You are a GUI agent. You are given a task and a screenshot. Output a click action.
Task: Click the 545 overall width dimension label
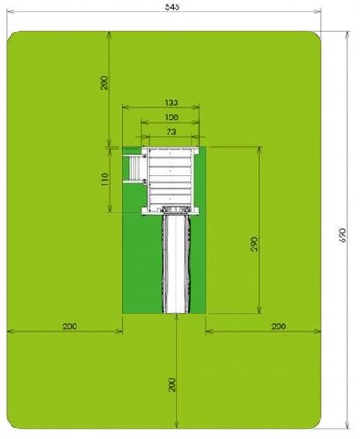coord(172,6)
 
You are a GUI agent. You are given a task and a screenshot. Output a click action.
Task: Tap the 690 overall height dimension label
coord(342,235)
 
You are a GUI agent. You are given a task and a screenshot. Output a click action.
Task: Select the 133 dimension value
coord(171,103)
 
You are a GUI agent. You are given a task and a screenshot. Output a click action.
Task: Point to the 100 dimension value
coord(171,118)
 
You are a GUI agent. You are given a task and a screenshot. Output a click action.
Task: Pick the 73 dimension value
coord(171,132)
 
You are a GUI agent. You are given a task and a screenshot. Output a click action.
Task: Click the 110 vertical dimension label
coord(104,179)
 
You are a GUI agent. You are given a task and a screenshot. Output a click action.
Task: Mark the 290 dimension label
coord(255,244)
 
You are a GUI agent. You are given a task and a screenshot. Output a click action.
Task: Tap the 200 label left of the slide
coord(70,326)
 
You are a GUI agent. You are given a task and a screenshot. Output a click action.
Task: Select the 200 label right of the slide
coord(278,326)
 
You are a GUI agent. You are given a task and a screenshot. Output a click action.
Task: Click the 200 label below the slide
coord(172,385)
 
